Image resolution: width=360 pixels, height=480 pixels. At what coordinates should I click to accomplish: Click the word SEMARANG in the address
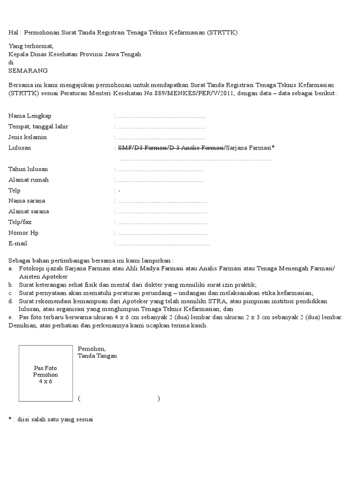click(28, 71)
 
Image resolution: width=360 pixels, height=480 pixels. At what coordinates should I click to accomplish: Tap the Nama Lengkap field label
click(30, 116)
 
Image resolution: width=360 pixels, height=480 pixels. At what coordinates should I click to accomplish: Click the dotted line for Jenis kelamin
click(162, 138)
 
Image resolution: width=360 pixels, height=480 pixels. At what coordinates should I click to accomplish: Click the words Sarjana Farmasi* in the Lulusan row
click(250, 148)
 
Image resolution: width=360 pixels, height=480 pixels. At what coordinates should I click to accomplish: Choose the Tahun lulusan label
click(28, 169)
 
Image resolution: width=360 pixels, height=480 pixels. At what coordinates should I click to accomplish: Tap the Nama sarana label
click(27, 201)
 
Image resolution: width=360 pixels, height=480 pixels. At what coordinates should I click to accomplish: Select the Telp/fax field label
click(20, 222)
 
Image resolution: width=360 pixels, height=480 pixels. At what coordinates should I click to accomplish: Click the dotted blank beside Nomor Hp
click(163, 233)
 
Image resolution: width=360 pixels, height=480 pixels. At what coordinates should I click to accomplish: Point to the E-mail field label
click(18, 243)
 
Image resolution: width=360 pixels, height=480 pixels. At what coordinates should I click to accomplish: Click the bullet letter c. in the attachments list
click(11, 293)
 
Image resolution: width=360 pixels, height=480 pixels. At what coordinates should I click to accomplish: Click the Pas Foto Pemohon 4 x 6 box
click(45, 375)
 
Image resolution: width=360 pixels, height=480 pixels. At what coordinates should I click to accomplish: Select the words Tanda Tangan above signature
click(97, 356)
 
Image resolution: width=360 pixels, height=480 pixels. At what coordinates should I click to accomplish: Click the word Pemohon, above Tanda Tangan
click(91, 349)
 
